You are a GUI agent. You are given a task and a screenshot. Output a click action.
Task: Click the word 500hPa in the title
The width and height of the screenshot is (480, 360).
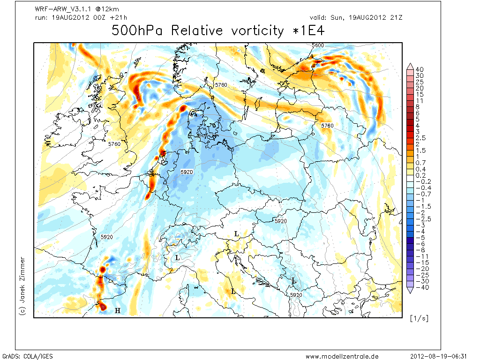coord(137,30)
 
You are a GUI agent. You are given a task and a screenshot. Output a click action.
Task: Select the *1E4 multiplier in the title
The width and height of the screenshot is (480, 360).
coord(308,30)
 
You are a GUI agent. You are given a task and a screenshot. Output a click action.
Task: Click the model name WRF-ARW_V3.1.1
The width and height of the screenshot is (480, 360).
coord(63,9)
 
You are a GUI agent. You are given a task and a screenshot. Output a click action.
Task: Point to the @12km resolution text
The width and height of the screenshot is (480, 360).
coord(107,9)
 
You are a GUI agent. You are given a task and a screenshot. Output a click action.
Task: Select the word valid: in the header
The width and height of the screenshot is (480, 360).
coord(318,17)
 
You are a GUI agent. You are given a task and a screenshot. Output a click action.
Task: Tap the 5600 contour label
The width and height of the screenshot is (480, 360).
coord(318,45)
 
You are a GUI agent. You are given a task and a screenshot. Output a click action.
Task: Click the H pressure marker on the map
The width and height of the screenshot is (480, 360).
coord(118,311)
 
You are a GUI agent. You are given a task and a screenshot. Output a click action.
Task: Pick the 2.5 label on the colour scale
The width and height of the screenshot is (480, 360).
coord(420,138)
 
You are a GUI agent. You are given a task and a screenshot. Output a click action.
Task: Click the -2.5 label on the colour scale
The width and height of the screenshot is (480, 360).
coord(423,219)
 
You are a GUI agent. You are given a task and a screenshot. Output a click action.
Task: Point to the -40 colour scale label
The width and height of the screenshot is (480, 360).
coord(422,287)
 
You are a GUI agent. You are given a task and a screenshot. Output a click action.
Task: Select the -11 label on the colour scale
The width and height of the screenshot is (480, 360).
coord(422,256)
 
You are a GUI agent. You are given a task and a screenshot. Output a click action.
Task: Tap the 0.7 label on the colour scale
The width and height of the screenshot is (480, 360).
coord(420,163)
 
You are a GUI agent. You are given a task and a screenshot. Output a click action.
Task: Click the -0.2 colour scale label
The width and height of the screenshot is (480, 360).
coord(423,181)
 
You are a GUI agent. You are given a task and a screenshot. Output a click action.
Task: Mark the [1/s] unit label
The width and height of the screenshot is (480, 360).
coord(419,318)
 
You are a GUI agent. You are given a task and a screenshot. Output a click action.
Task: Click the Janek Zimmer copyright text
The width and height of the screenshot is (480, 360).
coord(22,286)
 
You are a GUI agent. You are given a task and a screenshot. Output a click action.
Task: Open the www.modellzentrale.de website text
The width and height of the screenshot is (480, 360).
coord(342,356)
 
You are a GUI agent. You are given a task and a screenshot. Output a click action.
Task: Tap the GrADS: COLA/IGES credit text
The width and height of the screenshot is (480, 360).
coord(28,356)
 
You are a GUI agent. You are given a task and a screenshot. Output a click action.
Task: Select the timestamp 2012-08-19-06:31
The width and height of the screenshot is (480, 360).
coord(438,356)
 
